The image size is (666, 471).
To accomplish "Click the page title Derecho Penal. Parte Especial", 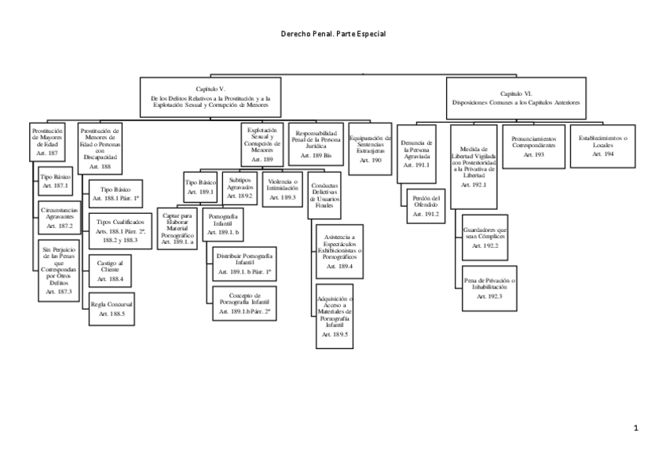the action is (x=333, y=35).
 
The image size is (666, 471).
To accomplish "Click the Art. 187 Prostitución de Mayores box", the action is (x=48, y=142).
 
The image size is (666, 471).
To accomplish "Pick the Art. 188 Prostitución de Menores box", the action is (x=100, y=149).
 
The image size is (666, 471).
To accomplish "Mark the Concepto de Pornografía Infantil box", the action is (x=244, y=304).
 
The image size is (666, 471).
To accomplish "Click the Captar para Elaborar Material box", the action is (x=177, y=229).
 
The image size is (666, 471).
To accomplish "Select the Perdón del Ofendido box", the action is (x=425, y=206).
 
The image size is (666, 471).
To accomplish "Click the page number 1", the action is (x=635, y=429).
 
